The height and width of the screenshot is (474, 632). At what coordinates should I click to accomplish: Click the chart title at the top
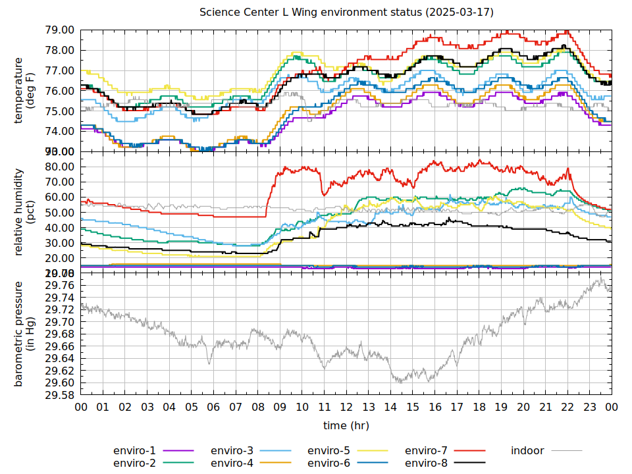click(x=346, y=13)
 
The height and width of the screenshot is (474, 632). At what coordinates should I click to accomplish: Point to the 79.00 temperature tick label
click(x=59, y=30)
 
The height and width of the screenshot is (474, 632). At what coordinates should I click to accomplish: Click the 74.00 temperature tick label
click(x=59, y=132)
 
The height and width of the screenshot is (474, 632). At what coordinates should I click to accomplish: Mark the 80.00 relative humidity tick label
click(x=59, y=167)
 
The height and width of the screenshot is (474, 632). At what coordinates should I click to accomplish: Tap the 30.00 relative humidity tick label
click(x=59, y=243)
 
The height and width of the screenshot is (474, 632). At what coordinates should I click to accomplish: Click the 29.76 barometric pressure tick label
click(x=59, y=285)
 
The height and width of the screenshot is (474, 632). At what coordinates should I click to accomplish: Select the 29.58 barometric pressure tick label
click(x=59, y=396)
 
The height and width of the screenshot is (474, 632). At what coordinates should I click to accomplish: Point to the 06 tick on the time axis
click(x=213, y=408)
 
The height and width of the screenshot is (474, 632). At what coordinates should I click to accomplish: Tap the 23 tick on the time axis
click(x=590, y=408)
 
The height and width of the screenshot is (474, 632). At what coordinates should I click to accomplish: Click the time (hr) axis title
click(x=346, y=425)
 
